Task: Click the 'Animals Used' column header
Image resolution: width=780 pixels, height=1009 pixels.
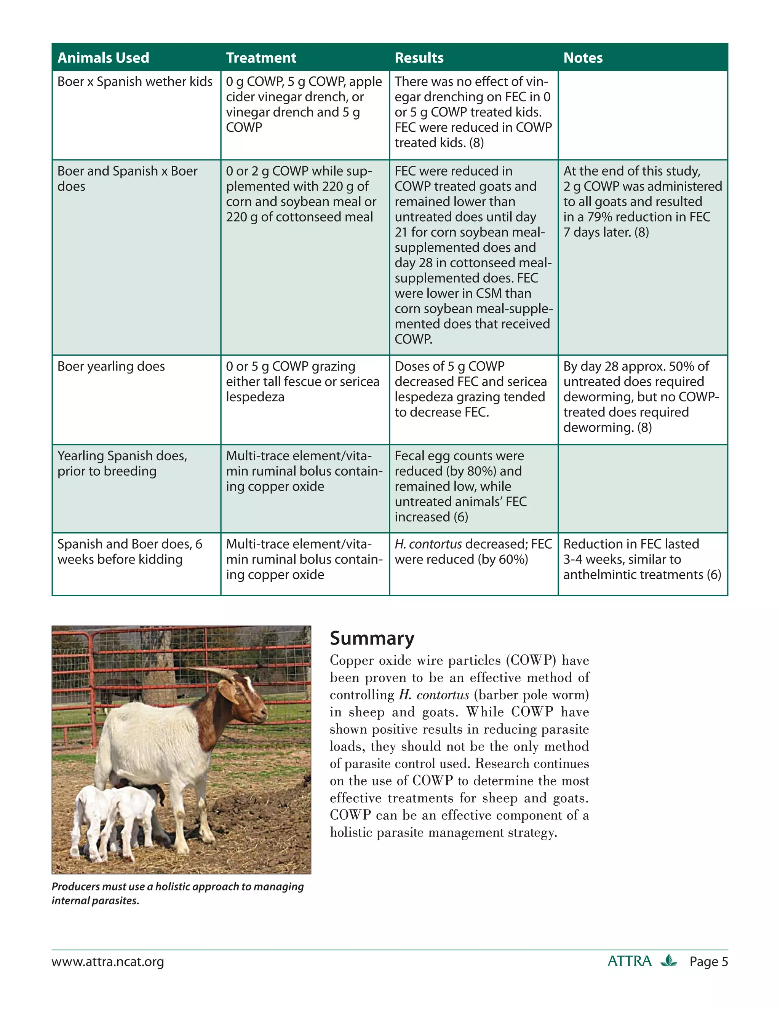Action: click(103, 58)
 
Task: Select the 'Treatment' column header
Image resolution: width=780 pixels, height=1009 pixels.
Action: click(261, 58)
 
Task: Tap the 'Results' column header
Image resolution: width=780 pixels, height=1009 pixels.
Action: click(419, 58)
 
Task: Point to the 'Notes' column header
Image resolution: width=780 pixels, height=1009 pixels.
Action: click(583, 58)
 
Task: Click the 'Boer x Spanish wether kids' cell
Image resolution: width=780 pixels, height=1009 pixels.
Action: click(135, 82)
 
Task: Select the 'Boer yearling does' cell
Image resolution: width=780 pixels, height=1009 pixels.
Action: click(111, 366)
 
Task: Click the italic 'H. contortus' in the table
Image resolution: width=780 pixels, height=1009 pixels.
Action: click(428, 544)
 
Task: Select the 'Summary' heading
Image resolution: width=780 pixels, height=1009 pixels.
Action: click(372, 638)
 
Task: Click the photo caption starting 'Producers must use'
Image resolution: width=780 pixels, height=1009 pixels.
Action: click(177, 893)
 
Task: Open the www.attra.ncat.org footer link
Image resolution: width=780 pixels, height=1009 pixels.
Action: click(108, 962)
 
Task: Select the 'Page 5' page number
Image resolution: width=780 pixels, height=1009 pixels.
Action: click(708, 962)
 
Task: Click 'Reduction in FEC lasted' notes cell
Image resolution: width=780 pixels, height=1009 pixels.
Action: click(631, 544)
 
